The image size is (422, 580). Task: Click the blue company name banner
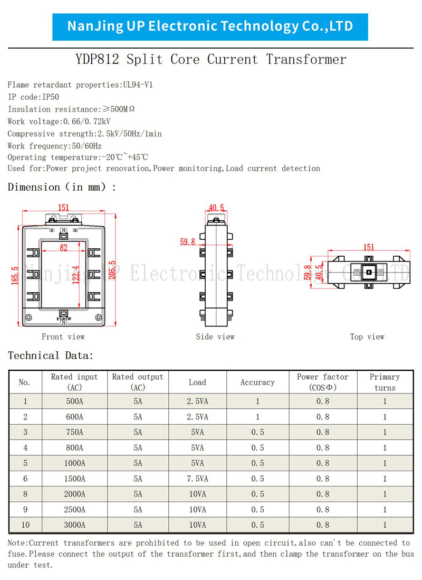click(210, 26)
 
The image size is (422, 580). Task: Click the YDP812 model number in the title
click(97, 59)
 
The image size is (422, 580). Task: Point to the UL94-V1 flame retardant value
click(138, 85)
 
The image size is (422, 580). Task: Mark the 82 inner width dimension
click(63, 247)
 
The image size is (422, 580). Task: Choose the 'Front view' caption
click(63, 336)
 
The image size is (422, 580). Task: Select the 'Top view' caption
click(367, 336)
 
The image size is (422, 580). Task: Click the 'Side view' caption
click(215, 336)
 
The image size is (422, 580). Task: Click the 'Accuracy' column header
click(257, 382)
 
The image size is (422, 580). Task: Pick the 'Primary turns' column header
click(385, 382)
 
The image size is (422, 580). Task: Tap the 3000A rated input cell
click(74, 525)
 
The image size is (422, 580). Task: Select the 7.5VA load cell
click(197, 479)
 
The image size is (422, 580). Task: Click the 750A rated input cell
click(74, 432)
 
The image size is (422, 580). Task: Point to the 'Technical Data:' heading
click(51, 356)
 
